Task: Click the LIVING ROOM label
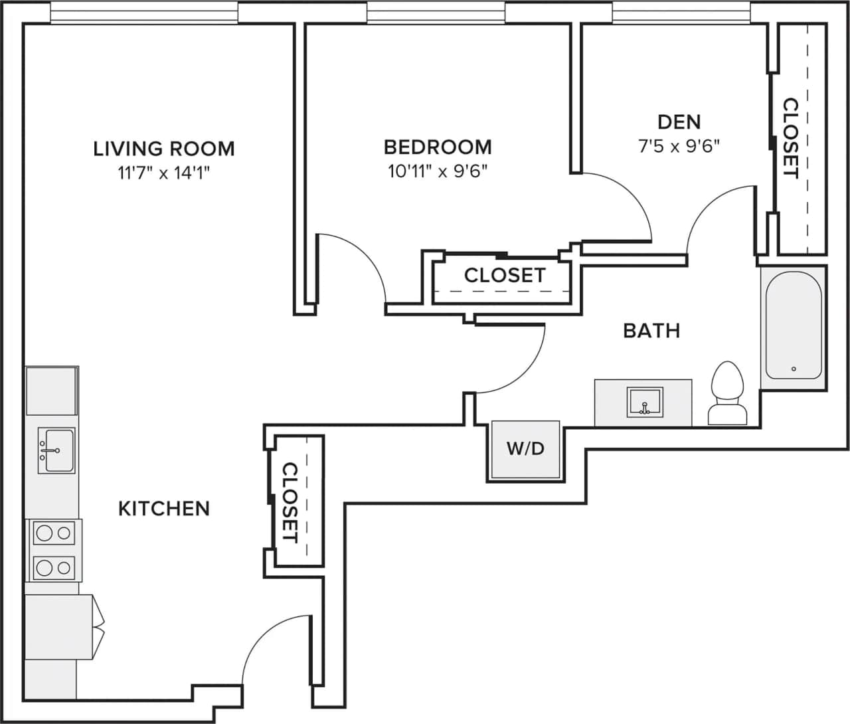click(x=164, y=148)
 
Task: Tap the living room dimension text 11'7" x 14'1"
click(x=164, y=174)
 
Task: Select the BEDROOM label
click(x=438, y=147)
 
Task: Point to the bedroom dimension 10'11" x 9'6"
click(x=438, y=172)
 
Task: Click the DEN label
click(x=679, y=122)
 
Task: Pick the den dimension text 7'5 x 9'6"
click(x=679, y=146)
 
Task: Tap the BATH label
click(x=651, y=330)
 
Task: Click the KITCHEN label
click(x=164, y=509)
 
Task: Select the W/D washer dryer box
click(x=525, y=450)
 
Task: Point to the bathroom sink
click(x=643, y=403)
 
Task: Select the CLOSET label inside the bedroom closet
click(x=504, y=275)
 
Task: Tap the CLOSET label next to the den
click(x=790, y=138)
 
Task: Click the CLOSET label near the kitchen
click(x=290, y=502)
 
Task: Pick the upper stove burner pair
click(x=53, y=533)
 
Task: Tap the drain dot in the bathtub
click(x=793, y=369)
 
